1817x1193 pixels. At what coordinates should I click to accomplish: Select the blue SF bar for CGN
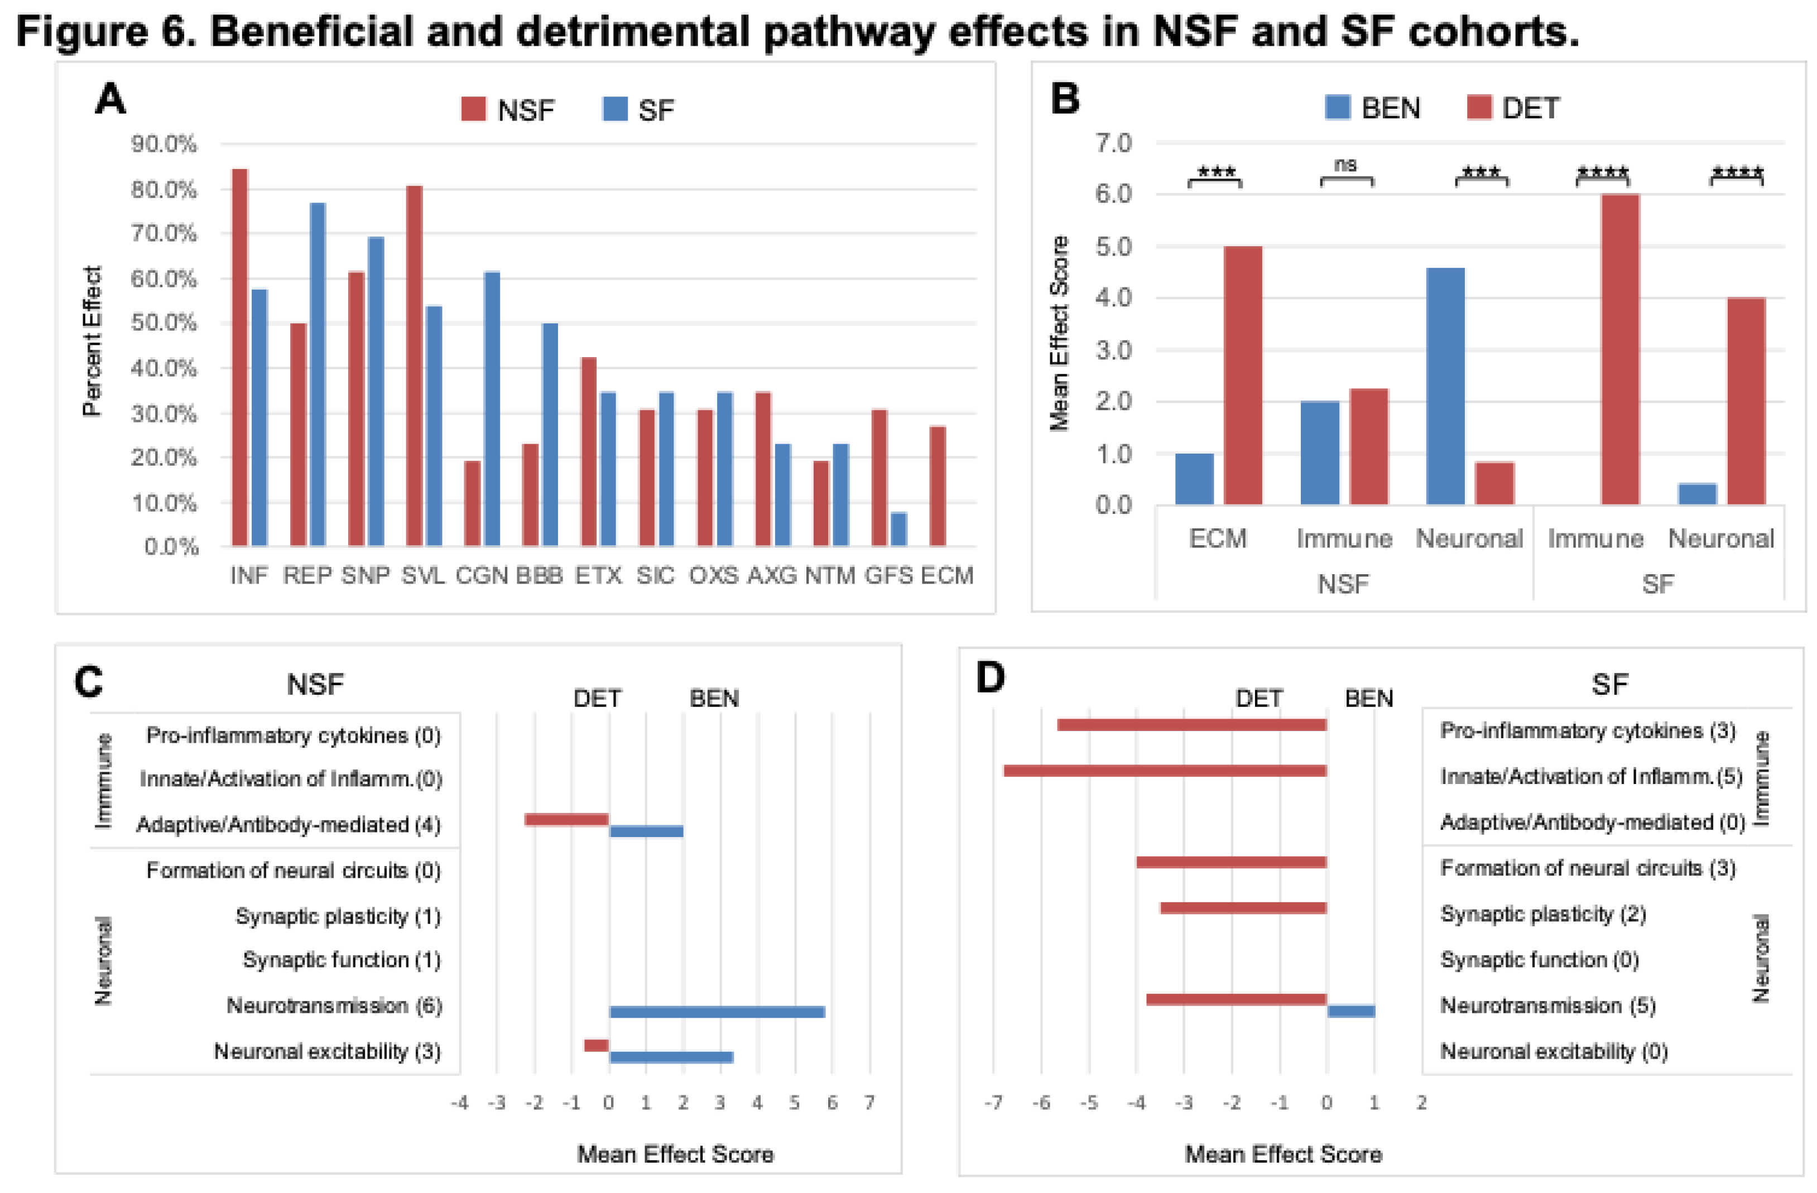click(492, 408)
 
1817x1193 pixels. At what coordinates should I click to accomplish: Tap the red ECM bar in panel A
click(938, 486)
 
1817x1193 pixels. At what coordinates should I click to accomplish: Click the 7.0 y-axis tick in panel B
click(1114, 143)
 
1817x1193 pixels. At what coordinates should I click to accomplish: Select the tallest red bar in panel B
click(1620, 349)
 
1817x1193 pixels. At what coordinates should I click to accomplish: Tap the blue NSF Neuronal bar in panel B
click(1445, 386)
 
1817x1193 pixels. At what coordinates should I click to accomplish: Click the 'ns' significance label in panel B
click(1345, 165)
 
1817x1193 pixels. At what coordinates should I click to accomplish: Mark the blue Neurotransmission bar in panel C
click(717, 1012)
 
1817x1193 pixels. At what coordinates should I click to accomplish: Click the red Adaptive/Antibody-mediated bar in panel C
click(566, 820)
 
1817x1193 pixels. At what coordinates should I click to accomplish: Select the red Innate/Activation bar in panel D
click(1165, 771)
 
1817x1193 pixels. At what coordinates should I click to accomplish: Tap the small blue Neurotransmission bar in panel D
click(1350, 1011)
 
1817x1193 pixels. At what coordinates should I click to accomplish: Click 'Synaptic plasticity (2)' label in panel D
click(1542, 915)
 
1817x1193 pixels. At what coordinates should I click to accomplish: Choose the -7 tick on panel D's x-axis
click(993, 1103)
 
